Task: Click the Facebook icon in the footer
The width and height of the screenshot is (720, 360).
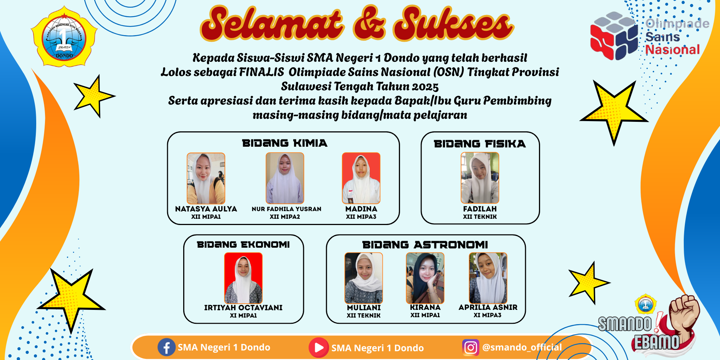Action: coord(166,347)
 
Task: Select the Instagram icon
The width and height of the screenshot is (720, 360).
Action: coord(471,347)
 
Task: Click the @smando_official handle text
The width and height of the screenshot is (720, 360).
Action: coord(522,347)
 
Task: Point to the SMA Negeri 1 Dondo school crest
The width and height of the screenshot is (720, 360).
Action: coord(64,37)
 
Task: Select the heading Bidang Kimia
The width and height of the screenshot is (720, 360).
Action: coord(284,143)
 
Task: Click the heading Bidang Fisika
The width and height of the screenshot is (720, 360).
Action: coord(480,144)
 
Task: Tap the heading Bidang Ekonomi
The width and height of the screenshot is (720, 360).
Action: coord(243,244)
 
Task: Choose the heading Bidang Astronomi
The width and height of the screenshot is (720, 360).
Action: coord(425,245)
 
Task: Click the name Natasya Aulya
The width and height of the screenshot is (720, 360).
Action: coord(206,209)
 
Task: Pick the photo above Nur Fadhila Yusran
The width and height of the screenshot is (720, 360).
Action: coord(285,178)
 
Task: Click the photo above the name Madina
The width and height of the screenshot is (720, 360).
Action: coord(361,178)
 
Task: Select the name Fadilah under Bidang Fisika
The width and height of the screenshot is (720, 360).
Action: coord(480,209)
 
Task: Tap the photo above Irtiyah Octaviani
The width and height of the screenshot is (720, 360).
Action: coord(243,278)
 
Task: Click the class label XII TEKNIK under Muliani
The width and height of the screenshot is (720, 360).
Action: coord(363,315)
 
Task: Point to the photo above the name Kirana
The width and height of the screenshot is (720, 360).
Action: coord(425,278)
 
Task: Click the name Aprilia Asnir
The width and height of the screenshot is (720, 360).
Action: coord(488,307)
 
